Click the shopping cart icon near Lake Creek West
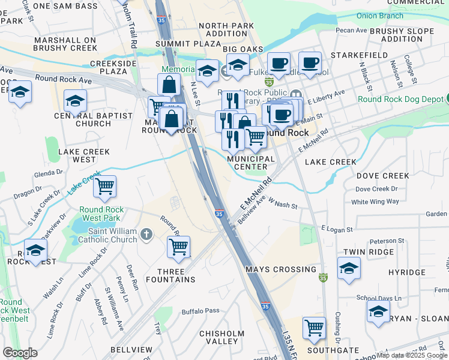[105, 187]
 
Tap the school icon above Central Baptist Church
[76, 101]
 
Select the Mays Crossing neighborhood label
[280, 269]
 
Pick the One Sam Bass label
[65, 5]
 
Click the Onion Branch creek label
[380, 16]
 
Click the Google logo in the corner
[19, 352]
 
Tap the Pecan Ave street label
[352, 29]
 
